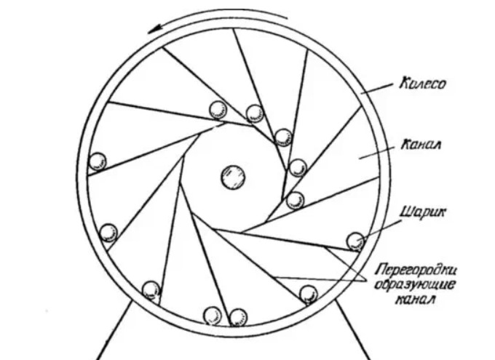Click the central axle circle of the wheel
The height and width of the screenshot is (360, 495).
234,176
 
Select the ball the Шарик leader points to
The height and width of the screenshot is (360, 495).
355,241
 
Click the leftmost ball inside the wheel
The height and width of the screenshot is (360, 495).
96,161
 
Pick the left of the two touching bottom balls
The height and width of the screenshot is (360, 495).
213,316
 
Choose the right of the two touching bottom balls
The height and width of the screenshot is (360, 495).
238,316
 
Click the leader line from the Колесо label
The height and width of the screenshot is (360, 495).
379,90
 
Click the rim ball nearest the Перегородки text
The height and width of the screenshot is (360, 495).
309,294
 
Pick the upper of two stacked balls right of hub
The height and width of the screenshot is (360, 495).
297,168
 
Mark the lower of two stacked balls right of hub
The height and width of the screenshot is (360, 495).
295,200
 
